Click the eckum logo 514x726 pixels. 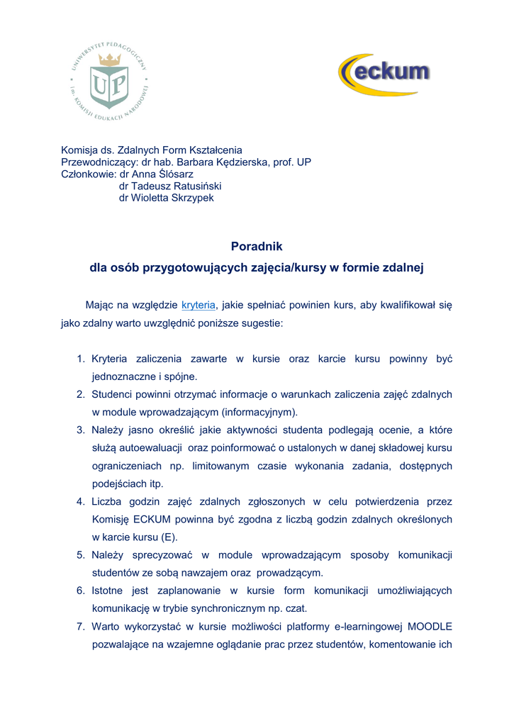384,74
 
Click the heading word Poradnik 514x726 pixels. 257,247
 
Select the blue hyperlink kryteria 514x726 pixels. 199,305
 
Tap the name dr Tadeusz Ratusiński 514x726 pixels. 170,186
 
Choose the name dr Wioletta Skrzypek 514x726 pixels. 166,198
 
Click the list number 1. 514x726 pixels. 81,359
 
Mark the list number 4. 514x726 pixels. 81,501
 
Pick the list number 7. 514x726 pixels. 81,626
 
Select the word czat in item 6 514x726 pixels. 294,608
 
